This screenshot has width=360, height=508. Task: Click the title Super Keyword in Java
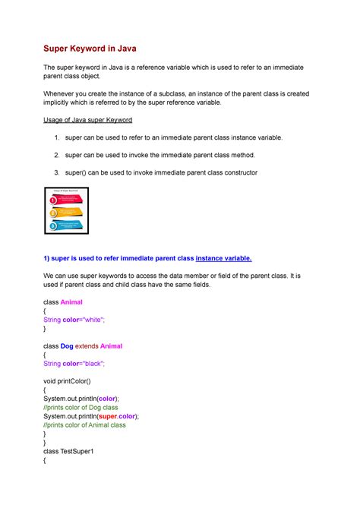pos(93,51)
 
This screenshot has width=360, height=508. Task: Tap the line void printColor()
pos(75,380)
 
